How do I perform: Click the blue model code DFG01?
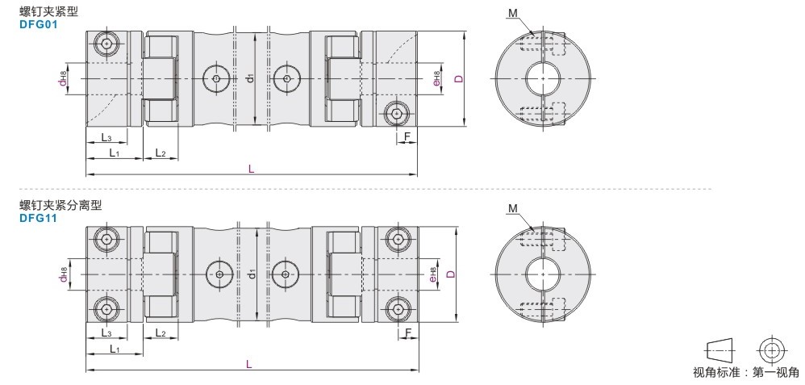click(39, 24)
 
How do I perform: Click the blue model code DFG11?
click(39, 218)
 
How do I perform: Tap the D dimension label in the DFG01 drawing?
click(459, 78)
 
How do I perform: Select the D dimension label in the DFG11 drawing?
click(451, 274)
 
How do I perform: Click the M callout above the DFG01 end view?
click(513, 14)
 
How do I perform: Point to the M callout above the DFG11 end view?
click(513, 208)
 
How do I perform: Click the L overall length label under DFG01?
click(251, 169)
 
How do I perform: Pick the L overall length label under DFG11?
click(249, 364)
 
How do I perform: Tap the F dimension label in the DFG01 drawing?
click(407, 136)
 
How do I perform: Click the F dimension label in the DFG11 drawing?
click(409, 333)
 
